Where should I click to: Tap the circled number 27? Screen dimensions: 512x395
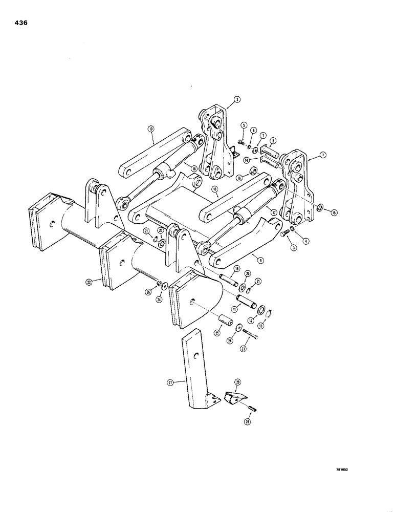point(170,381)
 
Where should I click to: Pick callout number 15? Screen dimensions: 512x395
point(334,211)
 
